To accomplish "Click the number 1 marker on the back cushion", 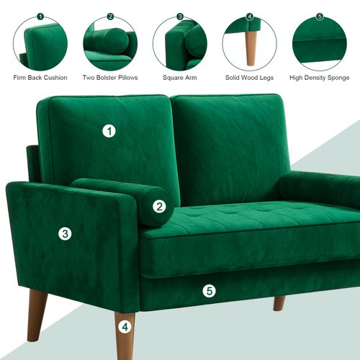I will click(109, 131).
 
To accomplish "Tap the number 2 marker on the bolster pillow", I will click(159, 207).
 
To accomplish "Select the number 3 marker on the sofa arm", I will click(65, 233).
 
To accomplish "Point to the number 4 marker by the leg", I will click(125, 327).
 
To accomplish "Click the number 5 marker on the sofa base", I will click(209, 291).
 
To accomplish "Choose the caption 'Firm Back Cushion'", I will click(40, 77).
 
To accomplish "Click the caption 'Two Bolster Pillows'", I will click(110, 77).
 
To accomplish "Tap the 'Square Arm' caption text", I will click(179, 77).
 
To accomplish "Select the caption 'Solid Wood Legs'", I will click(249, 77).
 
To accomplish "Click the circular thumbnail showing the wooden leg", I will click(249, 42).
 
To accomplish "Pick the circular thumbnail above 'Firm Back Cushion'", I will click(40, 42).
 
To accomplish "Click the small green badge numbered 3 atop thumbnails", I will click(179, 16).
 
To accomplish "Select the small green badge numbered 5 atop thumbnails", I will click(320, 16).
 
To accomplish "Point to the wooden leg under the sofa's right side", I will click(279, 302).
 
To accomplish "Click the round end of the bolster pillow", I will click(158, 207).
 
